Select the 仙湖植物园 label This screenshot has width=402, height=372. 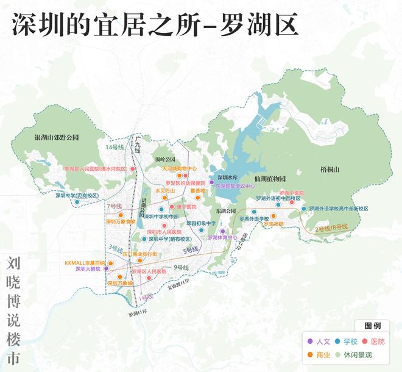pos(270,179)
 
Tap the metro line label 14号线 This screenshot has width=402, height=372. pos(114,148)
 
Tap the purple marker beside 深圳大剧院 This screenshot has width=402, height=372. pos(106,268)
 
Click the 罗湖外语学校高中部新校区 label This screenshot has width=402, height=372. pos(339,209)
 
